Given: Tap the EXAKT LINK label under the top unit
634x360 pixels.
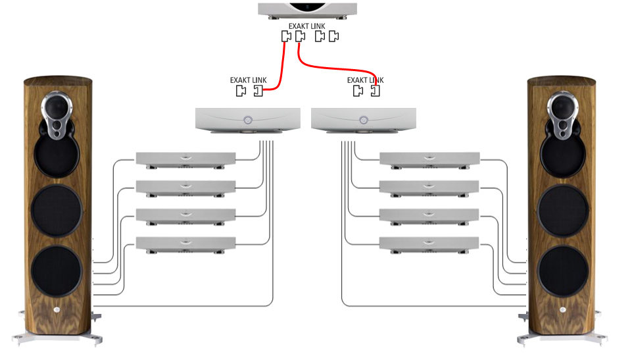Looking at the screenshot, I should (x=307, y=26).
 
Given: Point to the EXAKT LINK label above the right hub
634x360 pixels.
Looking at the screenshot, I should (x=366, y=80).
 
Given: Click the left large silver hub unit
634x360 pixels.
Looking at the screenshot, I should (x=248, y=120).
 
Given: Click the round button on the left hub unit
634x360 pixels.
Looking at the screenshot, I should (x=247, y=120).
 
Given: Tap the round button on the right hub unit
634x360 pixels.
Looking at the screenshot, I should (x=364, y=120).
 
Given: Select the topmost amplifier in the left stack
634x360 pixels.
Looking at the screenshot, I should (x=185, y=158).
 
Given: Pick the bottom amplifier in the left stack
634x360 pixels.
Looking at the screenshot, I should (x=185, y=242).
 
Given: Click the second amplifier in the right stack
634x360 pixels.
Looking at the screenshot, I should (x=429, y=187).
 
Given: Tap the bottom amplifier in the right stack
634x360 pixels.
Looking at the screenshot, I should (x=429, y=242).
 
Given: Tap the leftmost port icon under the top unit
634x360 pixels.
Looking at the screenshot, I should (x=286, y=37).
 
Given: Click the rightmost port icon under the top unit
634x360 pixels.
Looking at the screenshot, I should (x=334, y=37).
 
